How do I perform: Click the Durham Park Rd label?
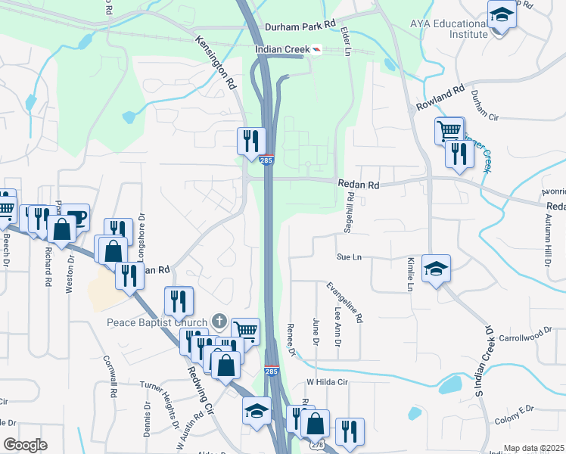299,26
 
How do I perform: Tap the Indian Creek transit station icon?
316,49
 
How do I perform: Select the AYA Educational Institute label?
449,29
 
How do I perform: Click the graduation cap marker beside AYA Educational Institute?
502,14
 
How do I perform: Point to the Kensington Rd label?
215,63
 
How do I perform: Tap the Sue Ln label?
350,257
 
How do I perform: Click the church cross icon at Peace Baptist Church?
219,321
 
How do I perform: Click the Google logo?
25,445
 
